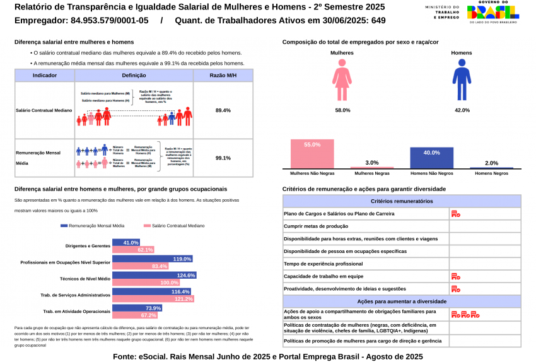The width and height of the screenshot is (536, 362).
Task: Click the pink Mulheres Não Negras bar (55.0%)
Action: tap(312, 154)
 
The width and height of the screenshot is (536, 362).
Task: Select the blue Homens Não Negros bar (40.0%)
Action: tap(431, 158)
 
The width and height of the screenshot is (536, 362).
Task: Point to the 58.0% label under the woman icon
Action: tap(342, 110)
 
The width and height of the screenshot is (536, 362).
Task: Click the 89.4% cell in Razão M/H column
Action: tap(223, 110)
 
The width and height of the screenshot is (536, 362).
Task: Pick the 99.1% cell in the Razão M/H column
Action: tap(223, 158)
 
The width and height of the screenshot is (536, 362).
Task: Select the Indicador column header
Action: tap(45, 76)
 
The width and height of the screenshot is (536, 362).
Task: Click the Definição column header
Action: tap(134, 76)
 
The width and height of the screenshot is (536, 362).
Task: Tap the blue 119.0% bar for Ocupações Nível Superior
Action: tap(152, 259)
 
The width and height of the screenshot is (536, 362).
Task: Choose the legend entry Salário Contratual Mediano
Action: tap(174, 226)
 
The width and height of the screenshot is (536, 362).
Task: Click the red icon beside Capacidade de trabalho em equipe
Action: tap(456, 277)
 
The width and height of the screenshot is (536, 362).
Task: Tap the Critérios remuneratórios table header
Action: tap(402, 201)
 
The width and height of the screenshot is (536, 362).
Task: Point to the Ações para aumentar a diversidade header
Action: tap(402, 301)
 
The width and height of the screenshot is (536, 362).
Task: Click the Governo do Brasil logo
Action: tap(493, 13)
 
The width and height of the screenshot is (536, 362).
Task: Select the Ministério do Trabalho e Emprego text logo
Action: tap(443, 13)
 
